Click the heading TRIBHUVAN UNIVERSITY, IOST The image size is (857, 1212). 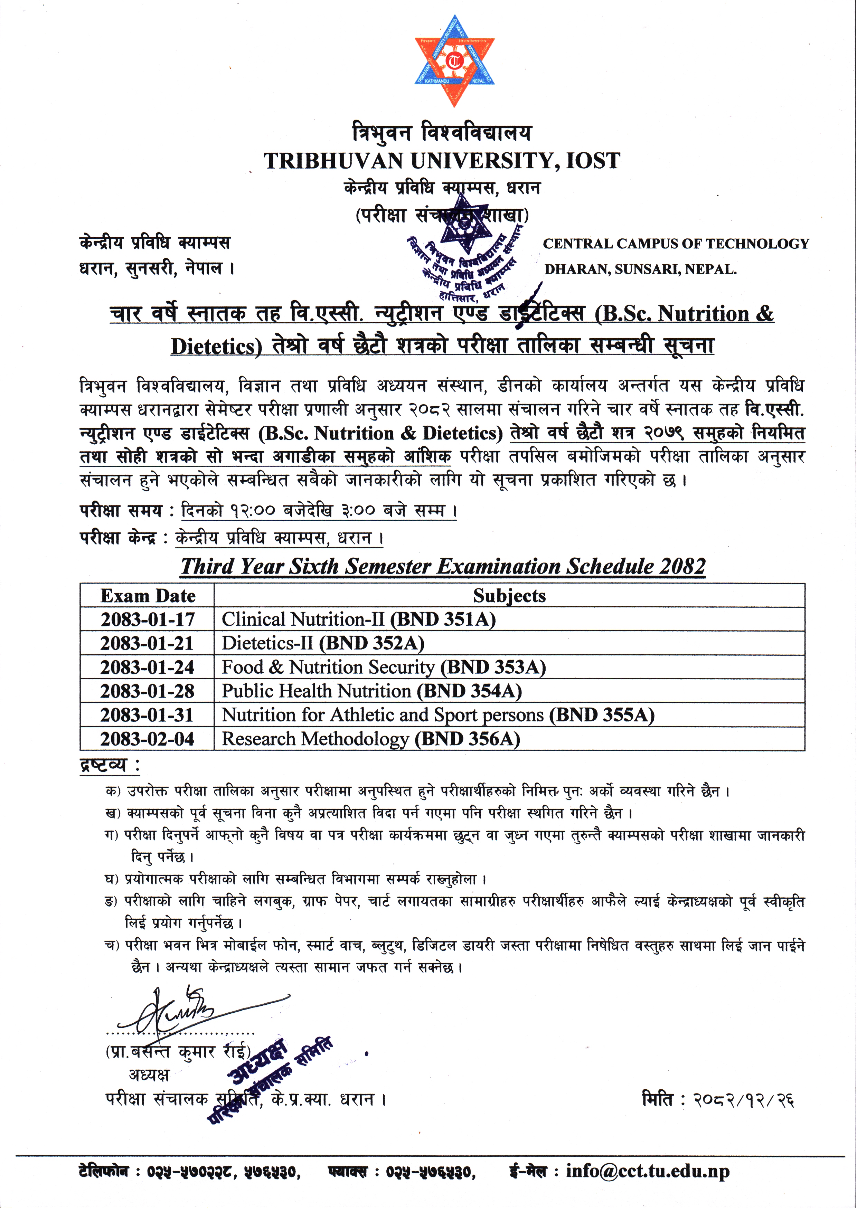[442, 160]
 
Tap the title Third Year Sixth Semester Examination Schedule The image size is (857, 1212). [442, 566]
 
